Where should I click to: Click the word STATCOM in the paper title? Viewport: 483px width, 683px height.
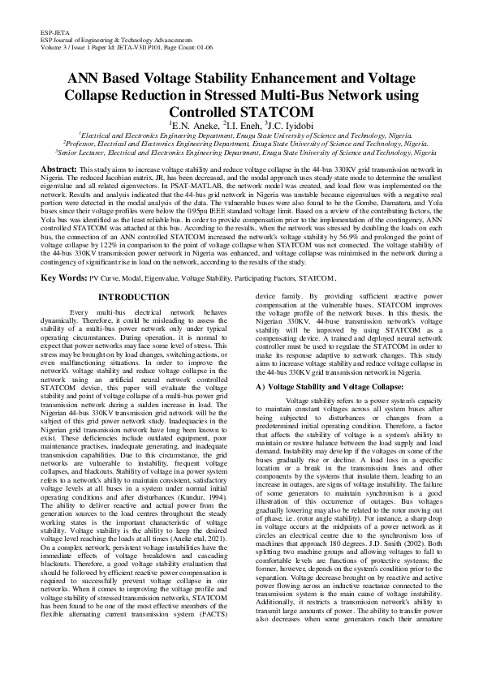point(241,111)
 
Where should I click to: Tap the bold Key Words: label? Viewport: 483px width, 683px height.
point(63,277)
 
